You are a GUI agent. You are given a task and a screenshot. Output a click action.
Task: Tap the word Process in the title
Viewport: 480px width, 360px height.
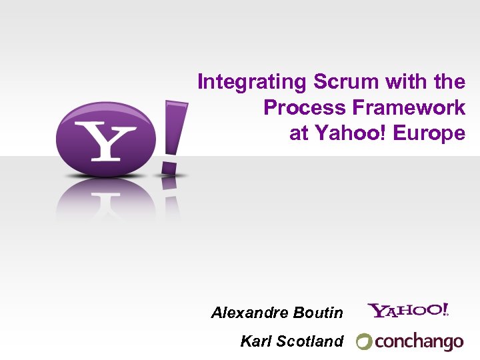pyautogui.click(x=297, y=108)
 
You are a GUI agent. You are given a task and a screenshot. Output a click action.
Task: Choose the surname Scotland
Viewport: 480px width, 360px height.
pyautogui.click(x=309, y=341)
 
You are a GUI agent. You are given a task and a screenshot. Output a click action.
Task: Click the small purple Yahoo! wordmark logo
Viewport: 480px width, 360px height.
pyautogui.click(x=408, y=310)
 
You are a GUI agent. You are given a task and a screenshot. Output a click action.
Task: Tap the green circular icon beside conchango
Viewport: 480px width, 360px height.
pyautogui.click(x=364, y=342)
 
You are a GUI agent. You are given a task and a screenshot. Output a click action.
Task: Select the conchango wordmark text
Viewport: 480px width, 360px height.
pyautogui.click(x=419, y=342)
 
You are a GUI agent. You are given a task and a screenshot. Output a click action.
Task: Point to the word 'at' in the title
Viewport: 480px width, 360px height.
pyautogui.click(x=299, y=133)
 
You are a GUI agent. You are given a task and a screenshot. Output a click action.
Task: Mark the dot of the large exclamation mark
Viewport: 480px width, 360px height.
pyautogui.click(x=170, y=163)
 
